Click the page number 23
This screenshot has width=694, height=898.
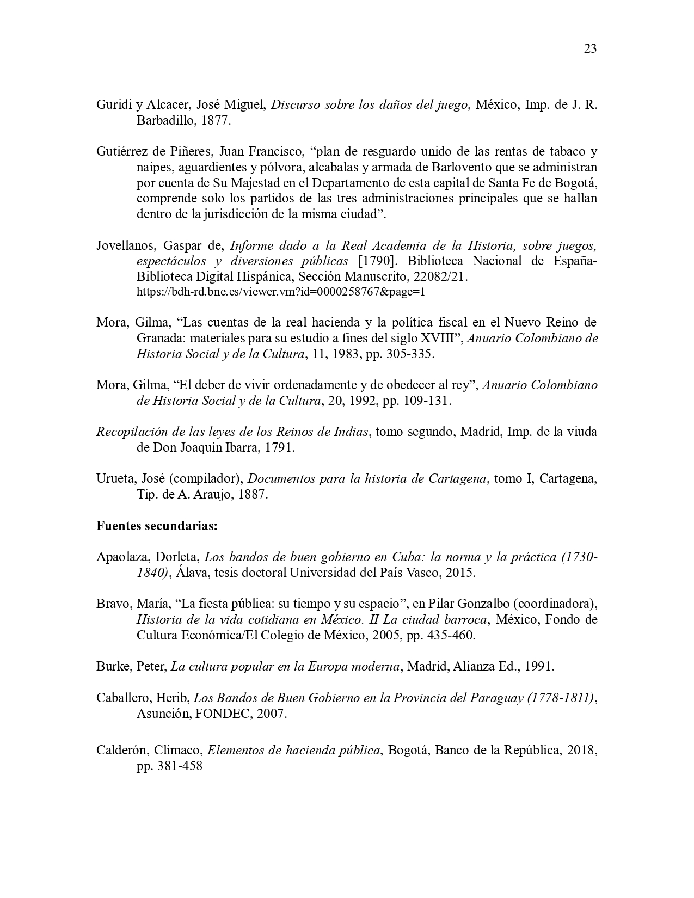(590, 49)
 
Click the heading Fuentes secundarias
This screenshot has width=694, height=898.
(157, 526)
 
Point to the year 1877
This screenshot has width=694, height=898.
(216, 121)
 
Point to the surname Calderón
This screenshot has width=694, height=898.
(121, 750)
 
